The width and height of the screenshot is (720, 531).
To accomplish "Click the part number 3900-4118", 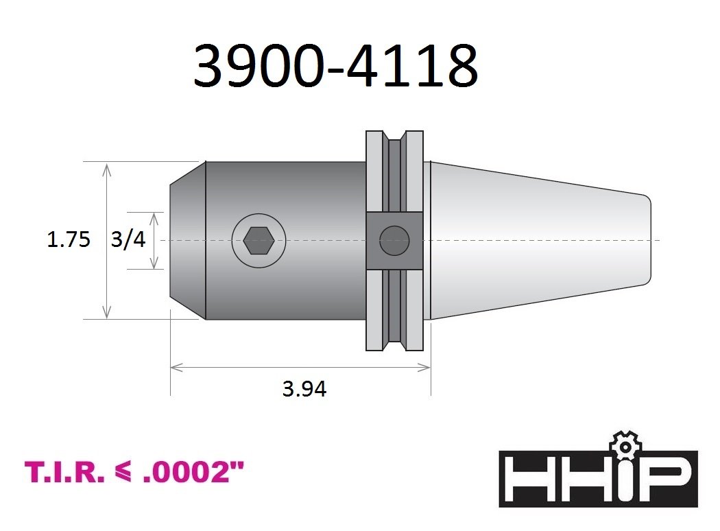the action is click(336, 66).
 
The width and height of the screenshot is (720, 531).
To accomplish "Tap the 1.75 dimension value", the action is click(69, 240).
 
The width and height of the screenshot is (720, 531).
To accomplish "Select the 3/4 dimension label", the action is click(128, 240).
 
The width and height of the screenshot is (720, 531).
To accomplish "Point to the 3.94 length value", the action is click(304, 389).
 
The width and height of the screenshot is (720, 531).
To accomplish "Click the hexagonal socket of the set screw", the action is click(259, 241).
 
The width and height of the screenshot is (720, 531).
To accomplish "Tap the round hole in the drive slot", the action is click(394, 241).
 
